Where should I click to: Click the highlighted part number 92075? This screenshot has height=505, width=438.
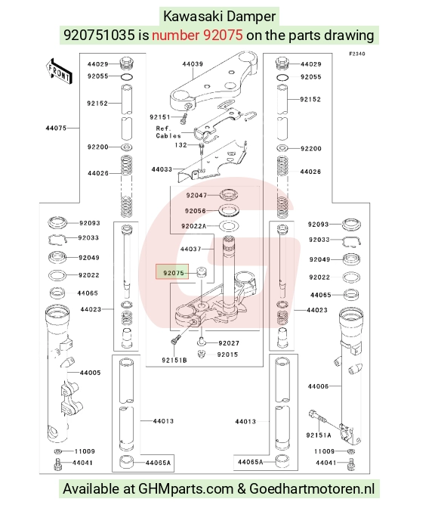coord(174,273)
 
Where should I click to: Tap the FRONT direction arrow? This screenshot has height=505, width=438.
coord(59,72)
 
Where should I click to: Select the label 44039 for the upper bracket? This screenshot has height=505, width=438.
coord(193,64)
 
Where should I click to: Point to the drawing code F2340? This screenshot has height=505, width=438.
coord(357,54)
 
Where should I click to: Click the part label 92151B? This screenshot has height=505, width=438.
coord(174,360)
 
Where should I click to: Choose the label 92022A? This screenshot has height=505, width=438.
coord(194,226)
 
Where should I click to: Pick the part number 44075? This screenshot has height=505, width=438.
coord(56,129)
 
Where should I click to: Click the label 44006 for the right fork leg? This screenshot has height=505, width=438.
coord(318,386)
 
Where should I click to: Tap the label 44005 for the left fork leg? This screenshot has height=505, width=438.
coord(90,373)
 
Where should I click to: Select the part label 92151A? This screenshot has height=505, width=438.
coord(319,435)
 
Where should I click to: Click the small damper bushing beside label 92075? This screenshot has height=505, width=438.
coord(202,272)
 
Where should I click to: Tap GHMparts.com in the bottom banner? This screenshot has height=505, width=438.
coord(186,489)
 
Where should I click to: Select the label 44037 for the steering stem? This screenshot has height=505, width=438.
coord(191,249)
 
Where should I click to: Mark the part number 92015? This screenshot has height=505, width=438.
coord(227,355)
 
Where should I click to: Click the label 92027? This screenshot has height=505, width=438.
coord(229,343)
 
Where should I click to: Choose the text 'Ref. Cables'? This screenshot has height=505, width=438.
coord(168,132)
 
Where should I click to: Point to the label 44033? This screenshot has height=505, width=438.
coord(162,169)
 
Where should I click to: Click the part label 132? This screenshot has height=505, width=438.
coord(181,145)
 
